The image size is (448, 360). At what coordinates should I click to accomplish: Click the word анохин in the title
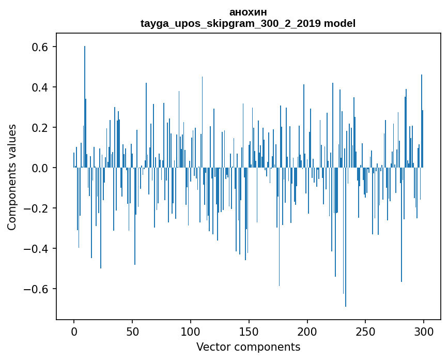(x=248, y=12)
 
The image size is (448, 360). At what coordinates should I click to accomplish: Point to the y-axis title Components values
(x=12, y=177)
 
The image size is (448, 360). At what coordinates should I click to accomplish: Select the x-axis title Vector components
(x=248, y=347)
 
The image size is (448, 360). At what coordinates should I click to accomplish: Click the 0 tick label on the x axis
(x=74, y=331)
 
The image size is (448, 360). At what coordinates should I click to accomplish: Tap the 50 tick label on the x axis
(x=132, y=331)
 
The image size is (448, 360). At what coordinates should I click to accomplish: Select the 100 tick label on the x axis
(x=191, y=331)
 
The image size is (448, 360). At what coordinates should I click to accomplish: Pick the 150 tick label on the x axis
(x=249, y=331)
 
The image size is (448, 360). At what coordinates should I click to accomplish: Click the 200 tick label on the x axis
(x=307, y=331)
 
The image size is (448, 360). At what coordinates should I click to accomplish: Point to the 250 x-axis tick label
(x=365, y=331)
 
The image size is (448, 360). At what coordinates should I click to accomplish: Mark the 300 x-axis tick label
(x=424, y=331)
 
